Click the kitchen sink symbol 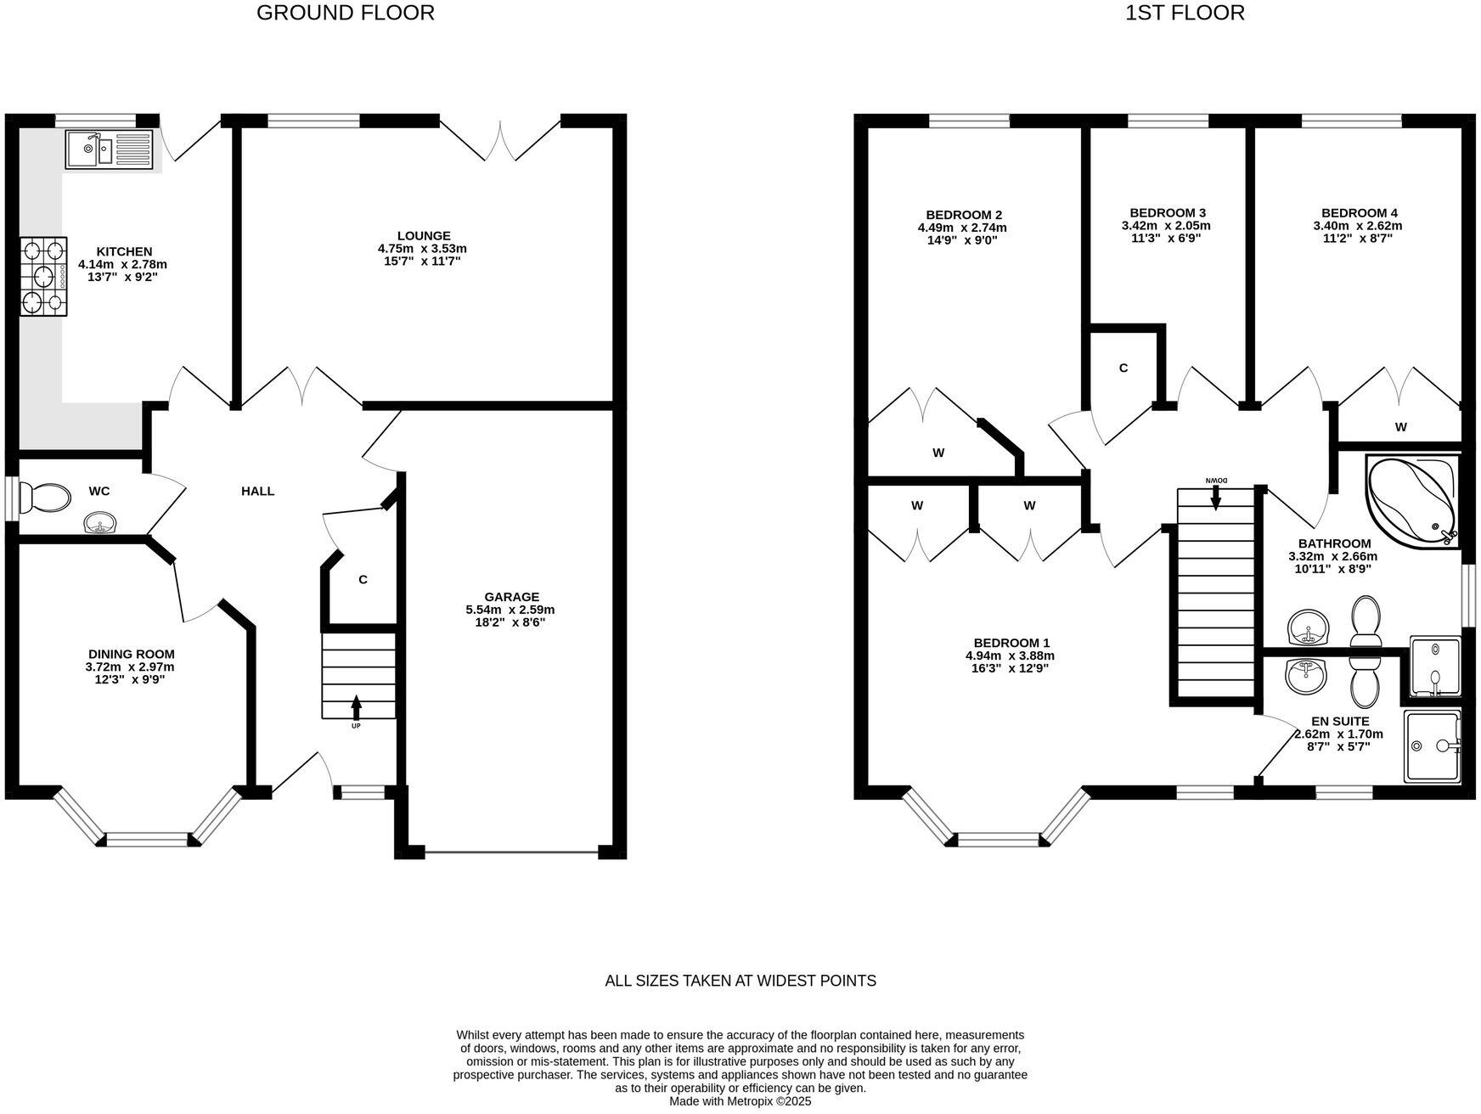(x=109, y=150)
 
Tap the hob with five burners (x=44, y=276)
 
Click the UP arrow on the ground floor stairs (x=356, y=706)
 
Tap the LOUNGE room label (x=423, y=236)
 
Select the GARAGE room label (x=511, y=597)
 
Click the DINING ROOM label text (x=132, y=654)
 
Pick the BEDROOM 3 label (x=1167, y=213)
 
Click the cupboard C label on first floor (x=1123, y=369)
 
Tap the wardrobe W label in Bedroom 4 (x=1400, y=427)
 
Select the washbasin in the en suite (x=1306, y=676)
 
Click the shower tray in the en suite (x=1432, y=745)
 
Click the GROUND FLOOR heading (x=346, y=13)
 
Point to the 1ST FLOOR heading (x=1185, y=13)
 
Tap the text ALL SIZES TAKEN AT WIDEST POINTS (x=740, y=981)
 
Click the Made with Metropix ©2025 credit (x=740, y=1101)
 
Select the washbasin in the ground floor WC (x=101, y=523)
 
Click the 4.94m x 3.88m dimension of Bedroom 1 (x=1010, y=655)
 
